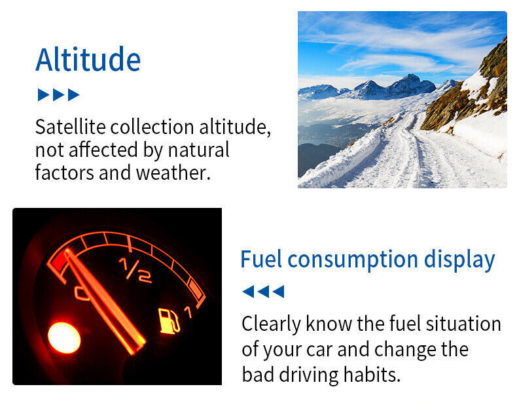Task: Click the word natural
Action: [x=198, y=150]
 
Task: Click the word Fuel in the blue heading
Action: [x=261, y=259]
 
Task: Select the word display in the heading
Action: [x=459, y=261]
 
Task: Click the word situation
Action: [x=463, y=324]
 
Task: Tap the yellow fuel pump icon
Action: [x=169, y=320]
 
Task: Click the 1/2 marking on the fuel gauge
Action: [x=135, y=270]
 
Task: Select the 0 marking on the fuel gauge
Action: [x=81, y=293]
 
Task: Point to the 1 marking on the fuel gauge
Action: [x=188, y=312]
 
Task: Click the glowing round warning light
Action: [x=64, y=337]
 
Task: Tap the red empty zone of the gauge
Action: [x=60, y=262]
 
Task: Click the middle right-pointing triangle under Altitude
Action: [x=59, y=95]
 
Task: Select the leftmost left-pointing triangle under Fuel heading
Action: [x=248, y=292]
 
